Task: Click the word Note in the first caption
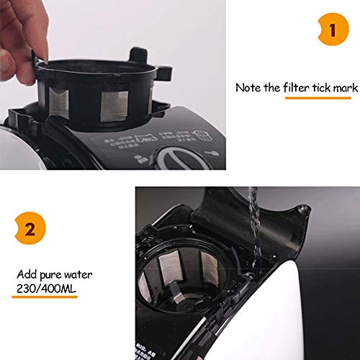click(248, 88)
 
